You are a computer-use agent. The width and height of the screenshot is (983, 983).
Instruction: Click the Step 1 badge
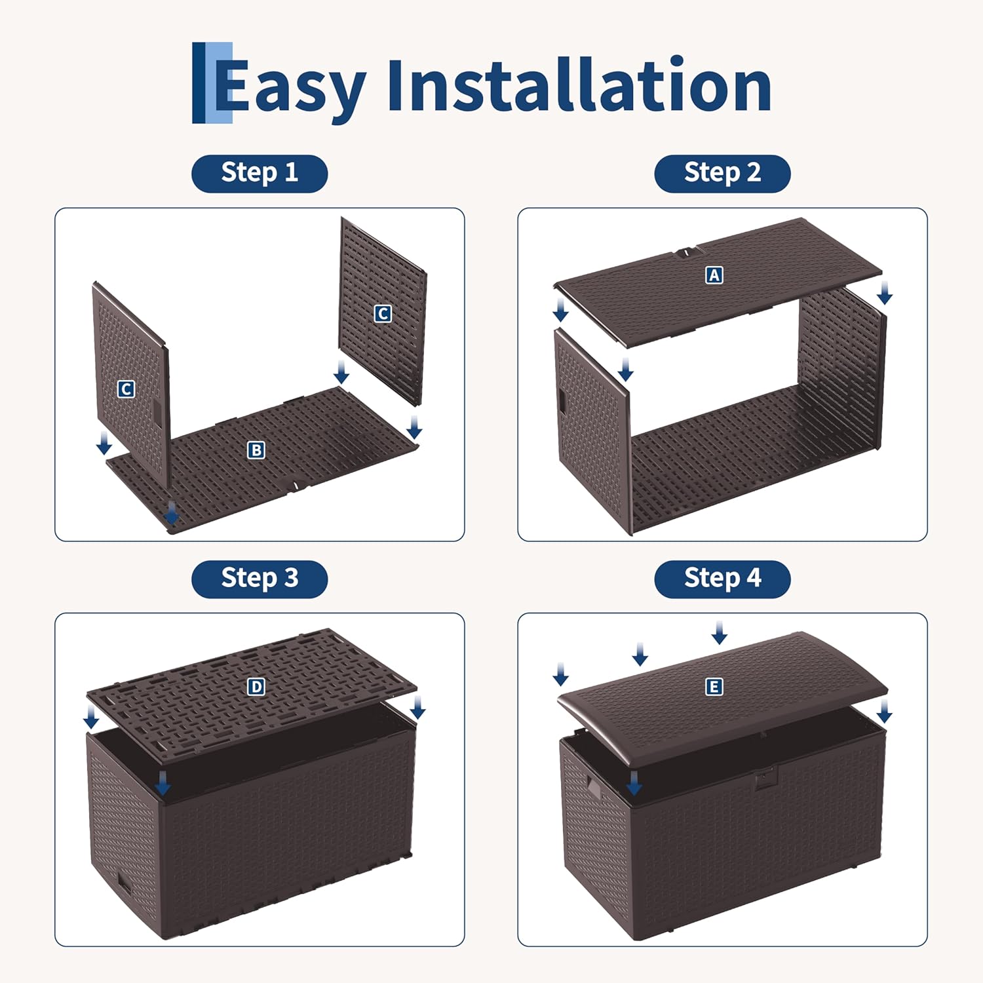(x=260, y=174)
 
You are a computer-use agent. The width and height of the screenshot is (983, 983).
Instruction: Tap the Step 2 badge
(x=722, y=174)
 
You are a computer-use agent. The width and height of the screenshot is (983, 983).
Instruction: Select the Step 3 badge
(x=260, y=579)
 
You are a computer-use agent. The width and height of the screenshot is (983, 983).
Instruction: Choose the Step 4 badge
(x=722, y=579)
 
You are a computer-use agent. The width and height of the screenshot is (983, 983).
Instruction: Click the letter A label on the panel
(x=714, y=275)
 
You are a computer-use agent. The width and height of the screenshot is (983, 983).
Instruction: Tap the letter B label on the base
(x=256, y=450)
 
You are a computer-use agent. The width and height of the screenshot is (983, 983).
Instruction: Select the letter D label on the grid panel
(x=256, y=687)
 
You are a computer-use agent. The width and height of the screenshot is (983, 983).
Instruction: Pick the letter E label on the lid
(x=714, y=687)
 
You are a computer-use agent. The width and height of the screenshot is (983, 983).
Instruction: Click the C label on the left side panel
(x=126, y=389)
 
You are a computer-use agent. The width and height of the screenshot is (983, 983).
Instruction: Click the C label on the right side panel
(x=383, y=314)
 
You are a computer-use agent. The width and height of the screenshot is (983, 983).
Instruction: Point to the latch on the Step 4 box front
(x=765, y=778)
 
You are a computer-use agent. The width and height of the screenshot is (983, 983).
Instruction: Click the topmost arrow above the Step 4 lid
(x=720, y=632)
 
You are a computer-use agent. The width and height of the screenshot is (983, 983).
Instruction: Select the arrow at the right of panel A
(x=885, y=293)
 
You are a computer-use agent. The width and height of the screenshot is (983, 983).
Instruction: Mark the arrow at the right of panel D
(x=417, y=707)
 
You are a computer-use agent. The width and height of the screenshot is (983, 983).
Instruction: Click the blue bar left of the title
(x=212, y=83)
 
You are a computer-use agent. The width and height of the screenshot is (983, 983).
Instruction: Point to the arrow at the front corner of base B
(x=172, y=512)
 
